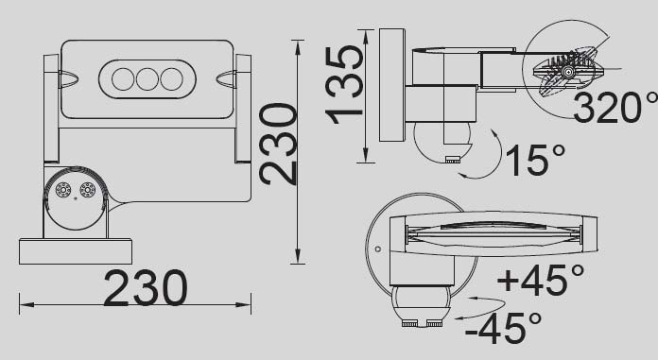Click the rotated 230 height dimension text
(279, 144)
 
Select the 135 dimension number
(345, 83)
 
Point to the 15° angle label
(534, 160)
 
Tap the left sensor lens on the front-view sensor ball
(64, 190)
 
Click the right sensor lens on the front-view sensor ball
(88, 190)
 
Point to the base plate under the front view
(75, 251)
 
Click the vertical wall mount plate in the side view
(391, 85)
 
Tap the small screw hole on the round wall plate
(377, 249)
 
